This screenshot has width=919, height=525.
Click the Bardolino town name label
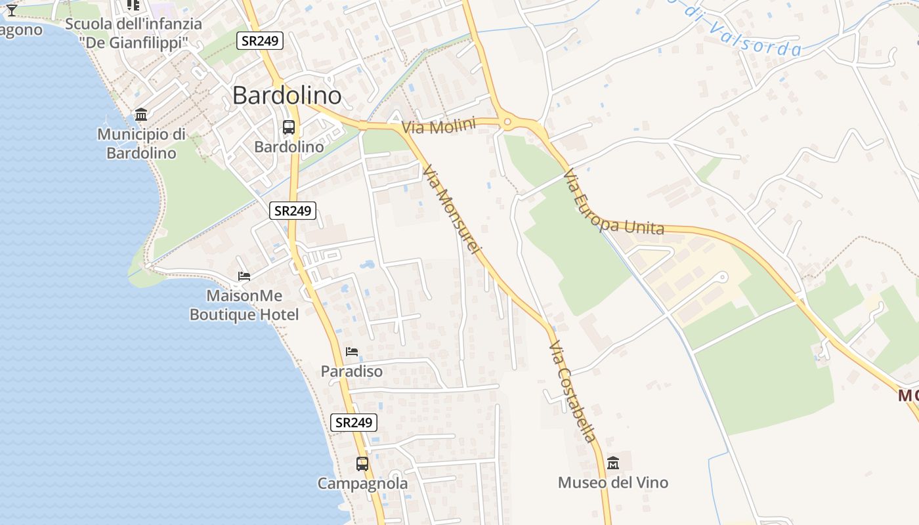(x=287, y=96)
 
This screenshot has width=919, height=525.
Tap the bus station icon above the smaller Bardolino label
(x=289, y=127)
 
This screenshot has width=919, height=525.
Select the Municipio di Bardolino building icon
(x=141, y=115)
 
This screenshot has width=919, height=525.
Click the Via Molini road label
(x=438, y=126)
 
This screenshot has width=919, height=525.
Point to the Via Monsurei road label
(x=452, y=210)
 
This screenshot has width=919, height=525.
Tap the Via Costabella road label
(x=573, y=392)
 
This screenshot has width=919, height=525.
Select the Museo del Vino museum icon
(x=613, y=463)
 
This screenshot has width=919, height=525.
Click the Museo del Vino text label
(x=613, y=483)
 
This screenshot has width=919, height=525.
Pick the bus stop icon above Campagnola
(x=362, y=464)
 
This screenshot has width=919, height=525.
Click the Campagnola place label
(x=362, y=484)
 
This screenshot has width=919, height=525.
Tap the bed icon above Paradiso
(x=352, y=352)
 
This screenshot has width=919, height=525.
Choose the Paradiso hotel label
(x=351, y=371)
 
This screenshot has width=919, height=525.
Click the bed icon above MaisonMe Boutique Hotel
(x=244, y=276)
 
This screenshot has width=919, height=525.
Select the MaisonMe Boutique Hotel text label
(x=244, y=305)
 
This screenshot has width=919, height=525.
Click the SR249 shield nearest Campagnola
(x=354, y=423)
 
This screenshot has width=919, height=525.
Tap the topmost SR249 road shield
(x=260, y=41)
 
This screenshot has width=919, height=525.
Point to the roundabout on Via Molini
(x=507, y=121)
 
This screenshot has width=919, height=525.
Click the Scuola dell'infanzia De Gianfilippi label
(x=133, y=33)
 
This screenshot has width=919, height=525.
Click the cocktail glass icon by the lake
(x=11, y=9)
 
